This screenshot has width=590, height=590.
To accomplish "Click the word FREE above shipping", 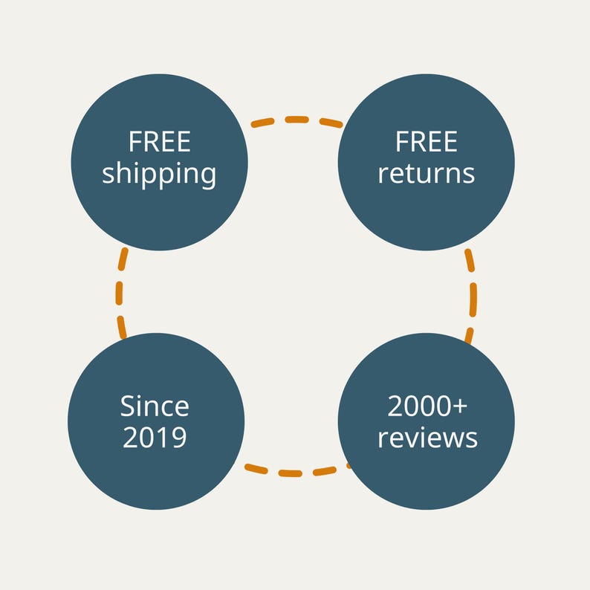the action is click(x=160, y=142).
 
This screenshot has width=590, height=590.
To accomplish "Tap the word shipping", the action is click(x=159, y=174).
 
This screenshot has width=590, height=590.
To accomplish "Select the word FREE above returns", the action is click(x=427, y=142).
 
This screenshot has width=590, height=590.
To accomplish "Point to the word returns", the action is click(x=427, y=174).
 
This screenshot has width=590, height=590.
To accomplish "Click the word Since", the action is click(x=155, y=406).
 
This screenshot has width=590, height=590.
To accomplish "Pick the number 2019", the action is click(x=155, y=437).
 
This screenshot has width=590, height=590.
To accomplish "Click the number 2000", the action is click(x=419, y=406).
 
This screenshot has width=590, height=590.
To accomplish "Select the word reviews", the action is click(x=427, y=438).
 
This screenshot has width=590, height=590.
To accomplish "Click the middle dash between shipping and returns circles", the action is click(x=297, y=120).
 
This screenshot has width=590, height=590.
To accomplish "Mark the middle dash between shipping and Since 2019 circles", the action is click(x=120, y=293).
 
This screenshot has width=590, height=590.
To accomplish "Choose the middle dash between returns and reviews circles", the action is click(x=473, y=300).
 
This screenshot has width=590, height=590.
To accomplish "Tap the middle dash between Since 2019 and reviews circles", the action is click(x=290, y=473).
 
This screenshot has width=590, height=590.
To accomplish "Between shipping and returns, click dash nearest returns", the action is click(x=331, y=123).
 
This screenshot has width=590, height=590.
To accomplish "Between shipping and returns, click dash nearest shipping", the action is click(x=262, y=123).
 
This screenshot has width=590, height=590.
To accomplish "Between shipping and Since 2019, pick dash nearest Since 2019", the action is click(x=122, y=327).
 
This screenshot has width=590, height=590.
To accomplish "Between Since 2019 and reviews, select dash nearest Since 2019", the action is click(x=256, y=469).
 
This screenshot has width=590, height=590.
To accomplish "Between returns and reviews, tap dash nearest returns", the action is click(x=470, y=260).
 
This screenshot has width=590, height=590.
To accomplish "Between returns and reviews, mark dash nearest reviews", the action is click(x=469, y=336).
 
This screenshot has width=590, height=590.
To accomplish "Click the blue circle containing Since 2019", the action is click(x=156, y=421).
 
